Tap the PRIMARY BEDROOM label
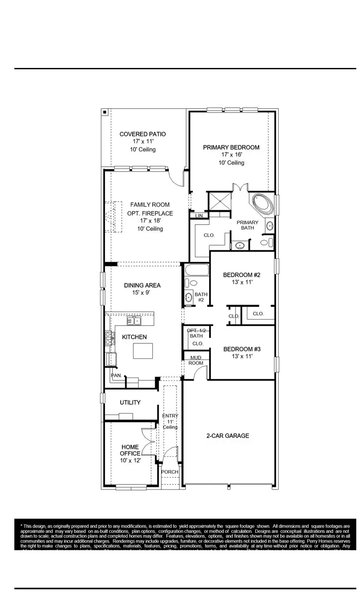[231, 147]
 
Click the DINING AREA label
[142, 285]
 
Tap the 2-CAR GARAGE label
[228, 436]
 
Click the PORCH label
[170, 472]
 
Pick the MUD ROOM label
[196, 360]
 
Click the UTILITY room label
[130, 402]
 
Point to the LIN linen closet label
[199, 216]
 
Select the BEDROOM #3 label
[242, 349]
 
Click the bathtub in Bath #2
[195, 270]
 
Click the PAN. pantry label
[116, 375]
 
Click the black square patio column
[105, 112]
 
